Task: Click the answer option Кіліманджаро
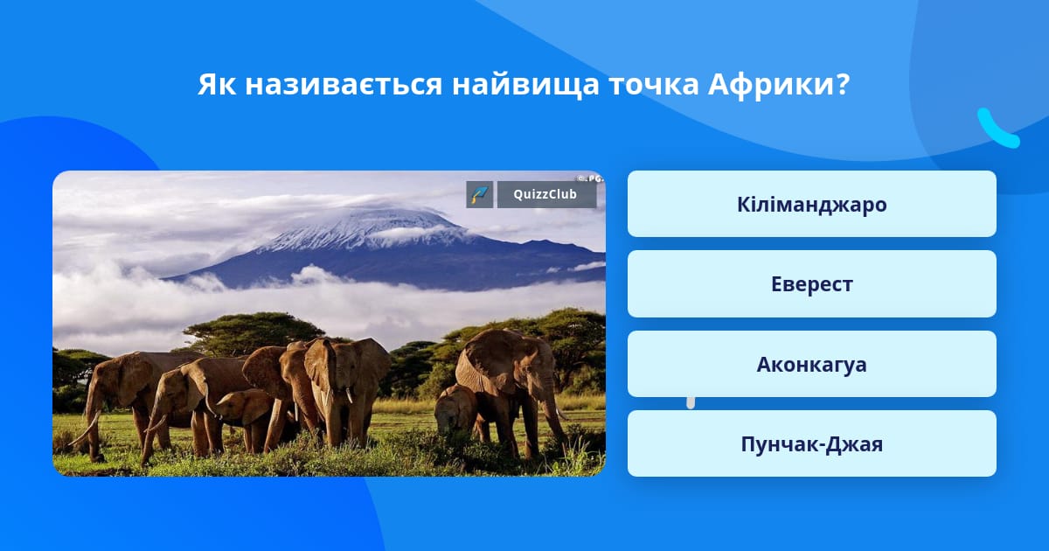coord(811,204)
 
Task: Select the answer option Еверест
coord(811,284)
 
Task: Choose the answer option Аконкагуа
coord(811,364)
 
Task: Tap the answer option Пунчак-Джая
coord(811,443)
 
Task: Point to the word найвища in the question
coord(525,85)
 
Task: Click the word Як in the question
coord(217,84)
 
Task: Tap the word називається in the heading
coord(344,84)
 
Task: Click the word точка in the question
coord(654,86)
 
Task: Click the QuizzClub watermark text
coord(545,194)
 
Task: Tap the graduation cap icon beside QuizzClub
coord(480,194)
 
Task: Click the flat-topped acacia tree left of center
coord(253,331)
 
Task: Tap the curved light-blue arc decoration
coord(997,129)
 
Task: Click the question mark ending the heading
coord(843,84)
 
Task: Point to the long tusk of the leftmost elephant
coord(85,429)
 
